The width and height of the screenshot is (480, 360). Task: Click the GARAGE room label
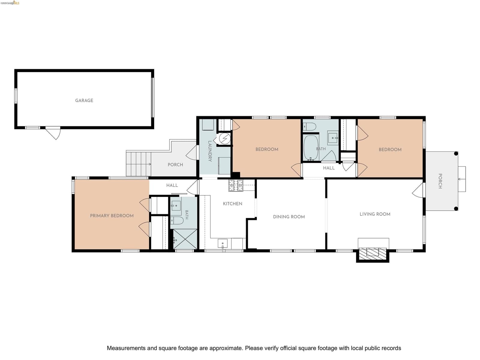point(84,100)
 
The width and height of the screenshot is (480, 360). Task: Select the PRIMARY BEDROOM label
point(112,216)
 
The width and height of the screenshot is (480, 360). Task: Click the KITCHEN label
point(232,204)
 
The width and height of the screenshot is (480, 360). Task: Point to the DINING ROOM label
point(289,217)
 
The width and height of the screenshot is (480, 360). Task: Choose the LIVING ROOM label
point(375,214)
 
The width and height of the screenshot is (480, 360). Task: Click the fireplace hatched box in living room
point(373,254)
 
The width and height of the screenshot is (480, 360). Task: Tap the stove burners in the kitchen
point(236,185)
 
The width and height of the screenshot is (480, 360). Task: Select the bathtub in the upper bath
point(311,148)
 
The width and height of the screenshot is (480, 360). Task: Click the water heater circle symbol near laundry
point(225,138)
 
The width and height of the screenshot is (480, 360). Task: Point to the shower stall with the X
point(185,239)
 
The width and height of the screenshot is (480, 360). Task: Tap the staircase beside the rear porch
point(139,164)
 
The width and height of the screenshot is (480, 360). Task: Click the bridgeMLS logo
point(10,3)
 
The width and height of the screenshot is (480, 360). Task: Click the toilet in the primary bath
point(177,220)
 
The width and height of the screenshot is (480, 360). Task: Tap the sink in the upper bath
point(333,138)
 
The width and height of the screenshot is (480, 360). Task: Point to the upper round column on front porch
point(456,154)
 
